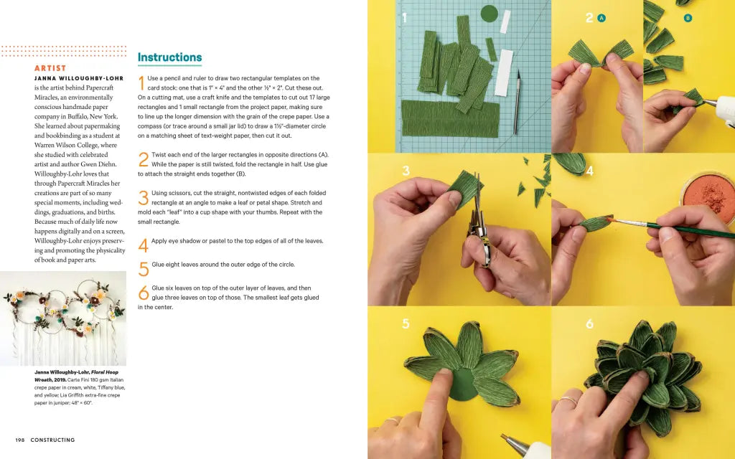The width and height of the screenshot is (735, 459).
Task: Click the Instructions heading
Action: point(169,57)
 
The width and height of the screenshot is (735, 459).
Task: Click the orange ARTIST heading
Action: point(50,68)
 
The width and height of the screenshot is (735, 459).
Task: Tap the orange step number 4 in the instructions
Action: point(143,245)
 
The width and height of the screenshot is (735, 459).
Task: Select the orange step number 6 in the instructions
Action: point(143,292)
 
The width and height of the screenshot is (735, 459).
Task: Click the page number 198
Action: point(21,440)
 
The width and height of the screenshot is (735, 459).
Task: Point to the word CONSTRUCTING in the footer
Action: point(52,440)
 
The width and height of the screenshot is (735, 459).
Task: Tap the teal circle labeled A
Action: point(601,18)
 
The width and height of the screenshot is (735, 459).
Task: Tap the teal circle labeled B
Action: point(688,18)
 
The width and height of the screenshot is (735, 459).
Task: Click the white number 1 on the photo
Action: point(404,18)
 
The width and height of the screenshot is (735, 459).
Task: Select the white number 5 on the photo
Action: point(406,324)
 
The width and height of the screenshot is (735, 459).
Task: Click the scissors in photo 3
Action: point(477,226)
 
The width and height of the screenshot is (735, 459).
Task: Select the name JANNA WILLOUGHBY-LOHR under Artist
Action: point(79,78)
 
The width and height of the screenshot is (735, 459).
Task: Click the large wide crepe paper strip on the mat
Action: point(449,119)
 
